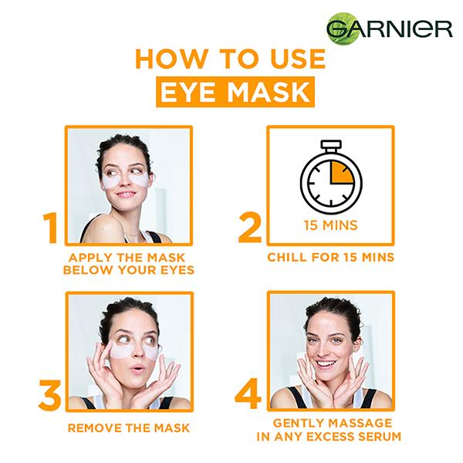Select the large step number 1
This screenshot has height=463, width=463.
click(x=49, y=229)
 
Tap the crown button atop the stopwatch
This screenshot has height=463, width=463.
click(x=330, y=145)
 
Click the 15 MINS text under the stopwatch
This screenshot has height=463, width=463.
click(x=330, y=228)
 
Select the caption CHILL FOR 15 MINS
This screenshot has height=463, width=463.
click(x=330, y=256)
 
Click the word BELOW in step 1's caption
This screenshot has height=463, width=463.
click(x=87, y=269)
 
